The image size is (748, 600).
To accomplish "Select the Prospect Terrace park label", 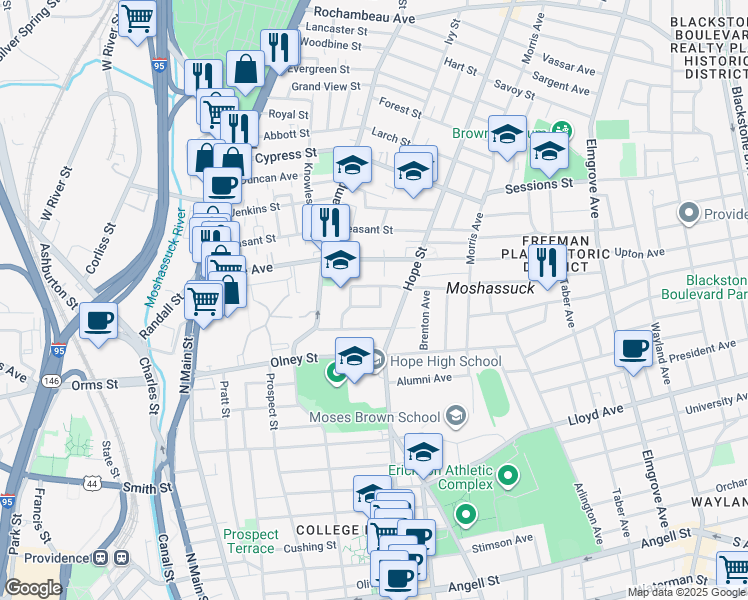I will [250, 541].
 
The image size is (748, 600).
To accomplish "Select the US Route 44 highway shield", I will [93, 483].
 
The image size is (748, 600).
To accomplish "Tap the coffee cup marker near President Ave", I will [633, 348].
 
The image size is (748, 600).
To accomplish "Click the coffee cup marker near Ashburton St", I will [98, 321].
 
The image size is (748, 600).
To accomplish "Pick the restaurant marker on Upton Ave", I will [545, 263].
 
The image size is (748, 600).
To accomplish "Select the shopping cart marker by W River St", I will [137, 17].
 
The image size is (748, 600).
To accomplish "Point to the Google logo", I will [33, 588].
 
